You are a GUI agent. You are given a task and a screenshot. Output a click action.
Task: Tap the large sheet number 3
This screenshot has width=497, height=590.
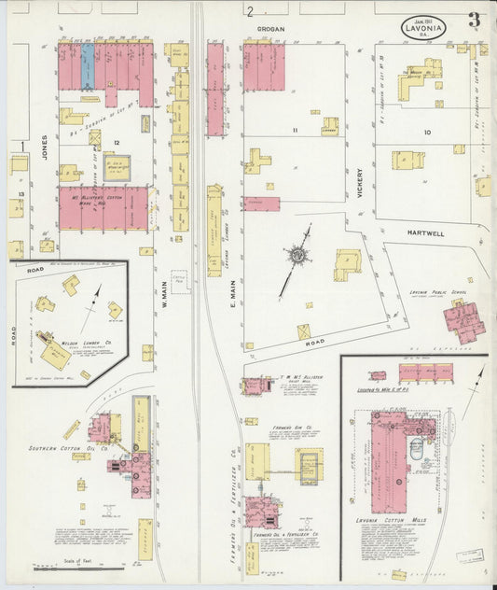[475, 20]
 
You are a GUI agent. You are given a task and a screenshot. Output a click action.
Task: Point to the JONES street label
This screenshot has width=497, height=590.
[43, 148]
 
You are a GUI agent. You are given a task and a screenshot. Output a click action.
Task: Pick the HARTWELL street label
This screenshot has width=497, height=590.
[429, 232]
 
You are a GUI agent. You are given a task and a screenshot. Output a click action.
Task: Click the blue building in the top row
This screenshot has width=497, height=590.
[88, 63]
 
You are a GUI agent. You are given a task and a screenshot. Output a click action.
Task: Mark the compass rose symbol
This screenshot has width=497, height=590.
[297, 254]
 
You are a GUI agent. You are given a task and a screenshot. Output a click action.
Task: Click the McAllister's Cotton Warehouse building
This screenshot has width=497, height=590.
[103, 207]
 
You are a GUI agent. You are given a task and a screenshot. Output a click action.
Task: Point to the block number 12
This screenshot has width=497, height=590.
[117, 142]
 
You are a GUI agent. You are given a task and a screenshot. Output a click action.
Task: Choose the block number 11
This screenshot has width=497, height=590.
[294, 130]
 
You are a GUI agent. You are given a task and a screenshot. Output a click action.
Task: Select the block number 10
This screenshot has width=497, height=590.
[427, 133]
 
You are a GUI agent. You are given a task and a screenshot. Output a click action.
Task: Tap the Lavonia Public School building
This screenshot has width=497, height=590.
[463, 321]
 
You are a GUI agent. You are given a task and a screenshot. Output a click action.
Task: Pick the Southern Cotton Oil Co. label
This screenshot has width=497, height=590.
[80, 448]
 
